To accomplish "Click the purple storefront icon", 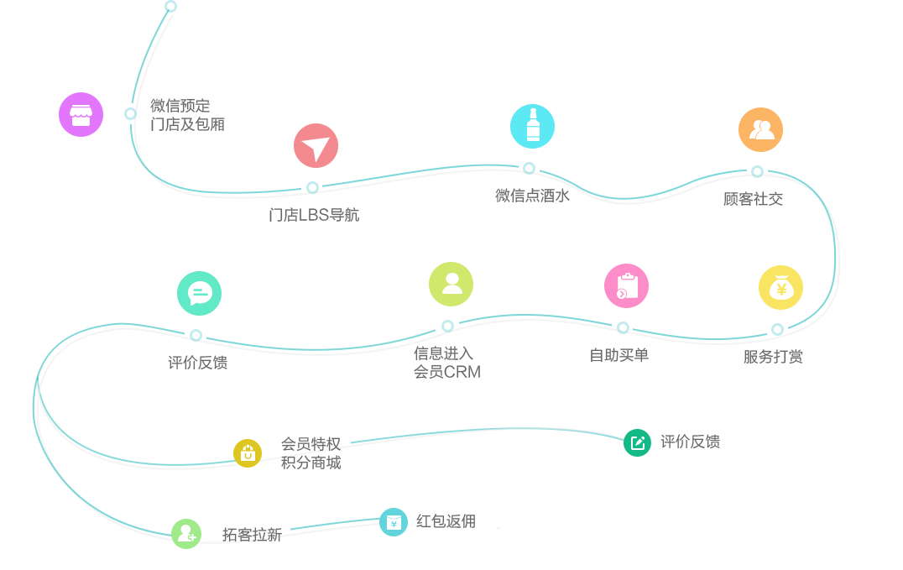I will [81, 114].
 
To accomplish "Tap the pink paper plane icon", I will [316, 145].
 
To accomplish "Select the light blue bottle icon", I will [532, 126].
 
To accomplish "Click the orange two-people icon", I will [761, 129].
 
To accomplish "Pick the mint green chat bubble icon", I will [199, 293].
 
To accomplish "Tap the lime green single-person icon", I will [451, 284].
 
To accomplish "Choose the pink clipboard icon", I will [626, 285].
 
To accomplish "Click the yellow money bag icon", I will [781, 287].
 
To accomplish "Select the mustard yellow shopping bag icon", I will [248, 453].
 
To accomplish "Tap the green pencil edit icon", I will [637, 442].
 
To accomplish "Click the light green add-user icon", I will [185, 533].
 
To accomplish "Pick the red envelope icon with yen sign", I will [394, 522].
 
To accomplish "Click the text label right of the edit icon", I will [690, 442].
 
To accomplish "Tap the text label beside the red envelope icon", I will [446, 521].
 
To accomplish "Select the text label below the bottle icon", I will [532, 196].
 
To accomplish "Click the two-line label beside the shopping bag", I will [311, 453].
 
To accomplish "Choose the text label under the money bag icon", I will [773, 357].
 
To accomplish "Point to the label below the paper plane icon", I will [314, 215].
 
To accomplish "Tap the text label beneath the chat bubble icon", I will [198, 363].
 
